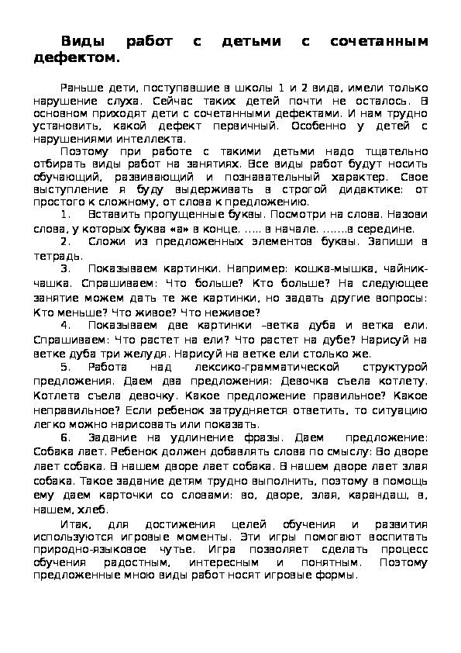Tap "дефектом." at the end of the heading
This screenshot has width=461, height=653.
pos(78,57)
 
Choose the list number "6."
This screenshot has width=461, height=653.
pos(66,439)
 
